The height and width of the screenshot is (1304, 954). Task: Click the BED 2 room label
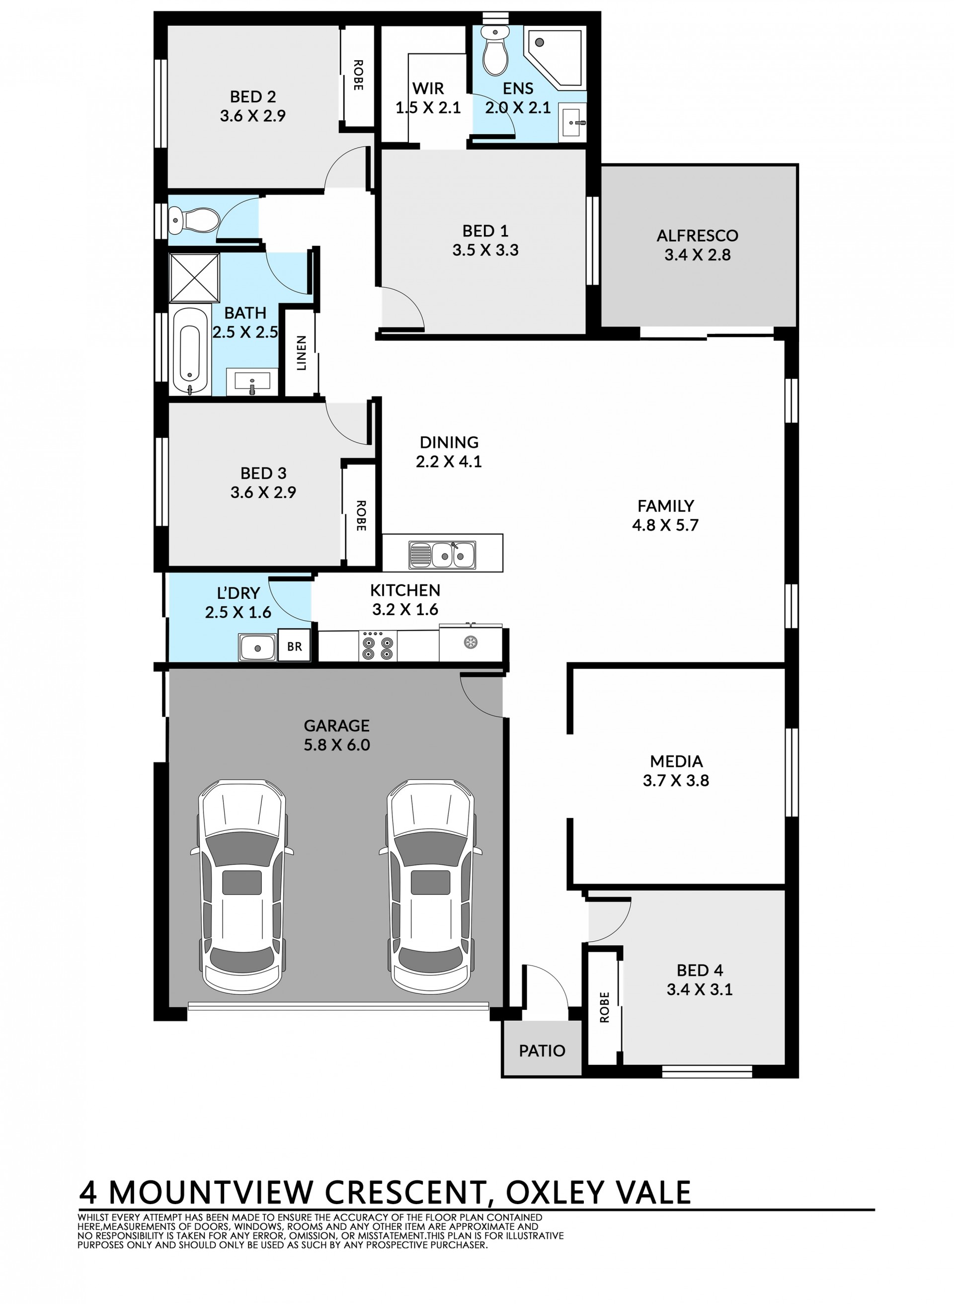(x=253, y=96)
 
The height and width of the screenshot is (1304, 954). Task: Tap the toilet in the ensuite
(x=494, y=51)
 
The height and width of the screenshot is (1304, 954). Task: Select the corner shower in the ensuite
(x=555, y=58)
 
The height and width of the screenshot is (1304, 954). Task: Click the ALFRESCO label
(x=697, y=236)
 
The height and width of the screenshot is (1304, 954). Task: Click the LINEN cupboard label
(x=301, y=353)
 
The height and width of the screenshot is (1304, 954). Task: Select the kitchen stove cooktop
(x=378, y=646)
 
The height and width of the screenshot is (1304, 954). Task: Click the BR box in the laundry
(x=295, y=646)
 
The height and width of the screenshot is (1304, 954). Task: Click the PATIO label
(x=542, y=1051)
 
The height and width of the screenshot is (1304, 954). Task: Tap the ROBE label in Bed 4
(x=605, y=1007)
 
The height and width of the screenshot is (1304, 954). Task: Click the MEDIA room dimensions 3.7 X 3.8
(x=676, y=781)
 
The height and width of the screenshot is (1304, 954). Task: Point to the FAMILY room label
(x=665, y=506)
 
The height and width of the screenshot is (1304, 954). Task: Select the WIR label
(x=428, y=88)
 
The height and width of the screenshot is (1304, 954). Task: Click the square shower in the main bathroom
(x=195, y=278)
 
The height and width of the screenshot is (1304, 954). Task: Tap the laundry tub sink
(x=257, y=648)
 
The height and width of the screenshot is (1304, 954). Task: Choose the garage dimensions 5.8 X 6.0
(x=337, y=745)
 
